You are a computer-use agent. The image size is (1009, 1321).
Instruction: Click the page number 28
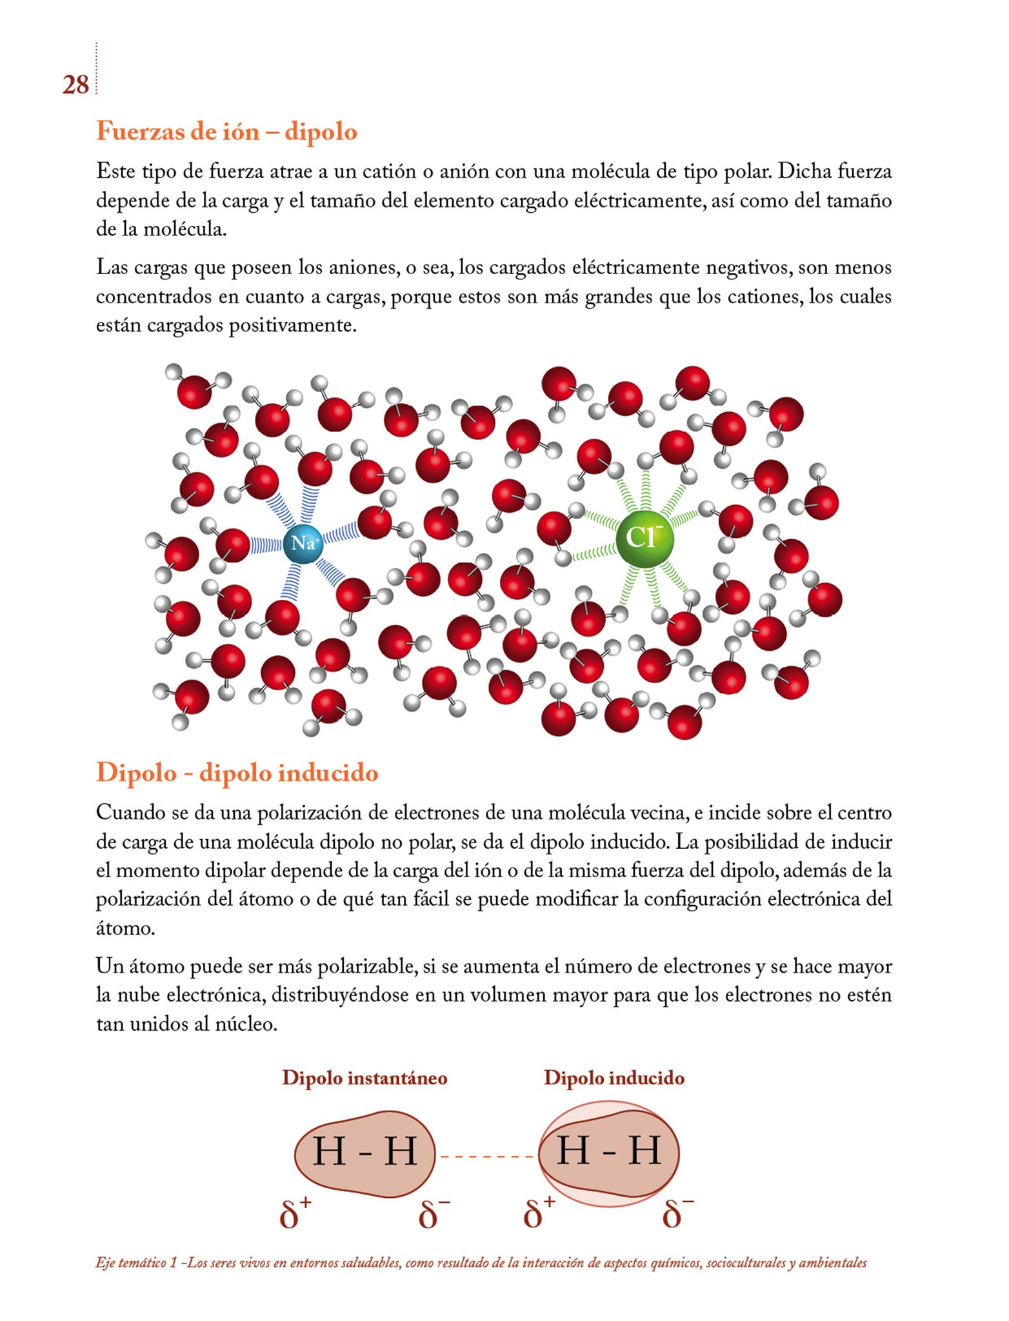75,85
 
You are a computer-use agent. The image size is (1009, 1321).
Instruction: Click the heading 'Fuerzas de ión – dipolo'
226,132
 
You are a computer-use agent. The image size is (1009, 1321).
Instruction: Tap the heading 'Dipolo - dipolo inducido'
237,773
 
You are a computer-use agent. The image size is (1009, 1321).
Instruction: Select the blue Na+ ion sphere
303,543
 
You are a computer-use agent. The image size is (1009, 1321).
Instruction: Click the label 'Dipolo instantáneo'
365,1078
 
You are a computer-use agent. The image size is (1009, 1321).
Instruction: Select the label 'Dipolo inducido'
614,1078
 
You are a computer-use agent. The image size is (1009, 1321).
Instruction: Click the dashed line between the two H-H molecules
486,1156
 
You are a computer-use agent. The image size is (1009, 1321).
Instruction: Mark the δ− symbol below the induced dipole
677,1215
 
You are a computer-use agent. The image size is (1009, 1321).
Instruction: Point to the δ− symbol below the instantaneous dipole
434,1215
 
